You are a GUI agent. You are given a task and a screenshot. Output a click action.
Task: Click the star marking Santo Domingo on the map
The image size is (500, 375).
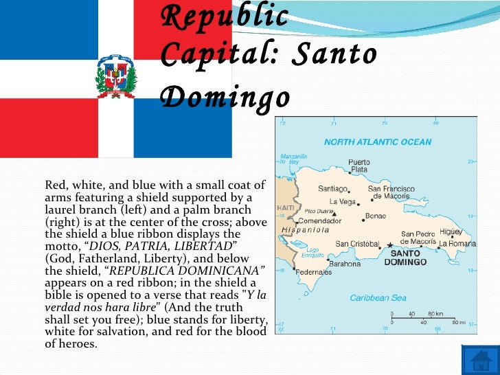(390, 245)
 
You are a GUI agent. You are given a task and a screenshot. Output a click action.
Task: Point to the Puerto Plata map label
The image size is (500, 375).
(359, 166)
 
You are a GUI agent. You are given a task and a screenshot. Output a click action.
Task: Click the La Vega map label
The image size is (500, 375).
(342, 201)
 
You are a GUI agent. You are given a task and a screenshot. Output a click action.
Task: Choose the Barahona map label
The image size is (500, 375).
(344, 263)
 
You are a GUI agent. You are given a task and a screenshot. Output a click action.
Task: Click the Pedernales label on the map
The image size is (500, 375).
(314, 272)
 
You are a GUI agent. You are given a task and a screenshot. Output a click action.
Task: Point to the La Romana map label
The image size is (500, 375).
(458, 244)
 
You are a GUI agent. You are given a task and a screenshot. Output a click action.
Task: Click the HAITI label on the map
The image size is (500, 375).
(285, 207)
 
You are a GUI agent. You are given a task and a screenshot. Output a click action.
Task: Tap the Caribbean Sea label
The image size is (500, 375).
(378, 298)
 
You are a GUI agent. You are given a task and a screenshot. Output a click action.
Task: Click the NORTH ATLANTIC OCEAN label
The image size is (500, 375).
(378, 142)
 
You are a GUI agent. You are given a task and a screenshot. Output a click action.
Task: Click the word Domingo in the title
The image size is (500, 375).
(226, 98)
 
